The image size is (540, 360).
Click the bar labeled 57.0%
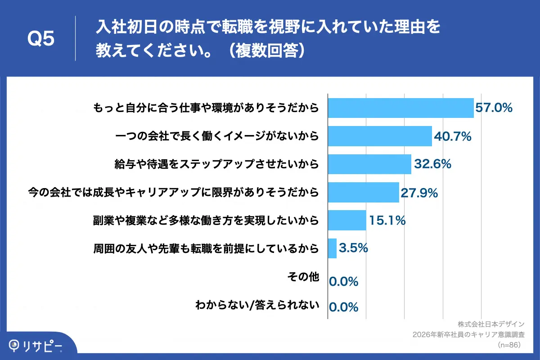(x=400, y=108)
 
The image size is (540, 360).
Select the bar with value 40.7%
(x=380, y=136)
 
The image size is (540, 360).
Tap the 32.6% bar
(x=369, y=164)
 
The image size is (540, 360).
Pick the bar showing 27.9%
(x=363, y=193)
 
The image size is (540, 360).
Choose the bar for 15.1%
(x=347, y=220)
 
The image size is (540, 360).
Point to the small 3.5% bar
(x=332, y=248)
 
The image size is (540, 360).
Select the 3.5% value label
(x=353, y=248)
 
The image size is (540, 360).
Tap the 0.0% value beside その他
(x=344, y=282)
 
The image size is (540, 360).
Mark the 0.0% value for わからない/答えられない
(x=344, y=307)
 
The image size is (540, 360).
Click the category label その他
(x=303, y=277)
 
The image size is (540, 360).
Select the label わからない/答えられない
(x=257, y=305)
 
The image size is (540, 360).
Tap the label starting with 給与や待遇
(x=217, y=164)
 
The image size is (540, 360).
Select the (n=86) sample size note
(x=509, y=345)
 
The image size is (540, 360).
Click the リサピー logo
(x=36, y=346)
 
